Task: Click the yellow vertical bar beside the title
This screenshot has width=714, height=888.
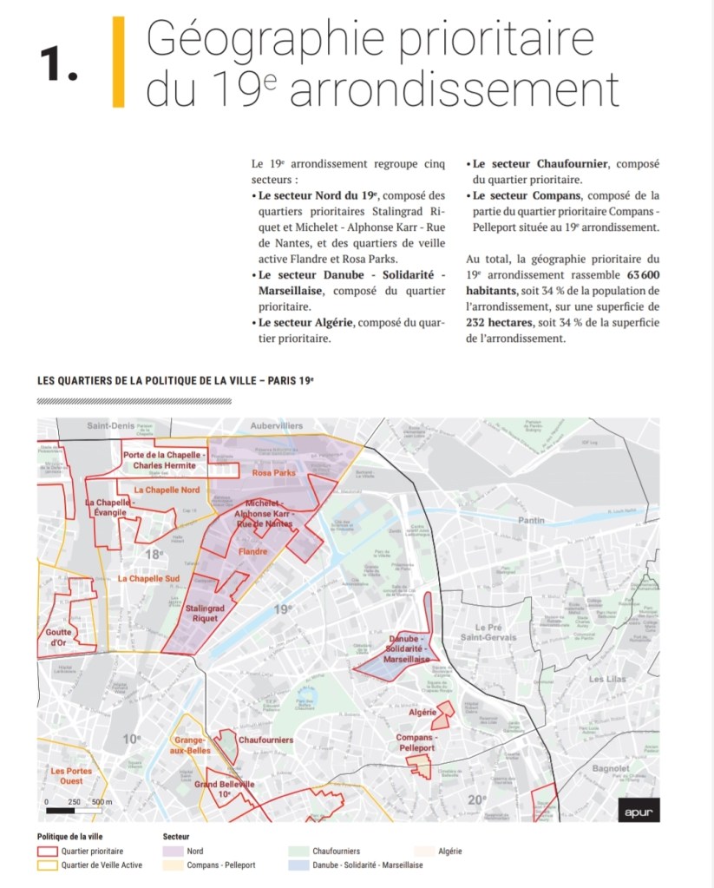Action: pos(118,62)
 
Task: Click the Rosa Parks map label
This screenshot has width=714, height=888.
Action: pos(274,473)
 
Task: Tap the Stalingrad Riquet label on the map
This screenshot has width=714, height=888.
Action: pos(205,615)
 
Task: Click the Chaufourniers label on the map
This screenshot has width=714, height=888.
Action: pos(265,740)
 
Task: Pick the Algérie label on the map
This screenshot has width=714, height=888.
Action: pos(422,712)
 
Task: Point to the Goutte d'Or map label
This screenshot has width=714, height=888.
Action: pos(59,638)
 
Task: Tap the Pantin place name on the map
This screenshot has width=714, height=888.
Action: pos(530,520)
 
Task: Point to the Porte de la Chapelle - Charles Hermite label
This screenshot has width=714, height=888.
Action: pos(163,459)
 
